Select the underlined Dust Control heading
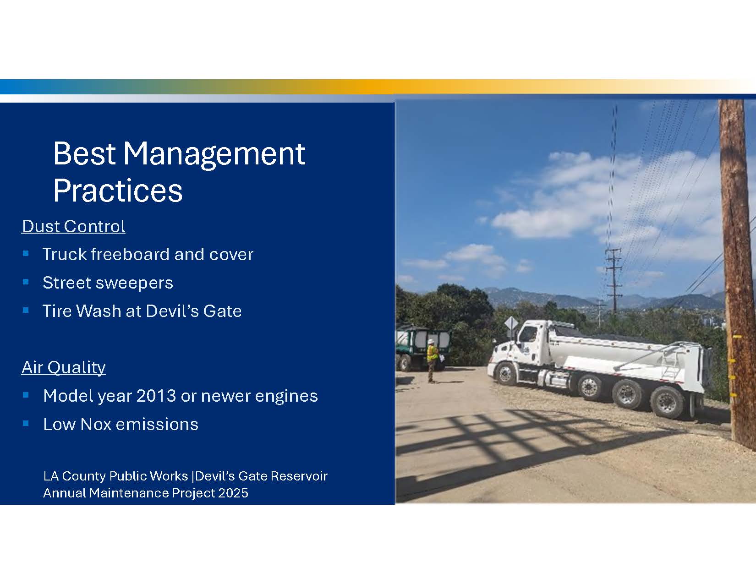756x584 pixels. click(73, 226)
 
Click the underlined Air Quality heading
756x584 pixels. click(63, 368)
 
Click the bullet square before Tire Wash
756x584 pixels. click(26, 310)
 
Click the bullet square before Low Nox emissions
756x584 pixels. click(26, 423)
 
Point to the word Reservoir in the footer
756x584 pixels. click(299, 476)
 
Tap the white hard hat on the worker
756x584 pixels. click(431, 342)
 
